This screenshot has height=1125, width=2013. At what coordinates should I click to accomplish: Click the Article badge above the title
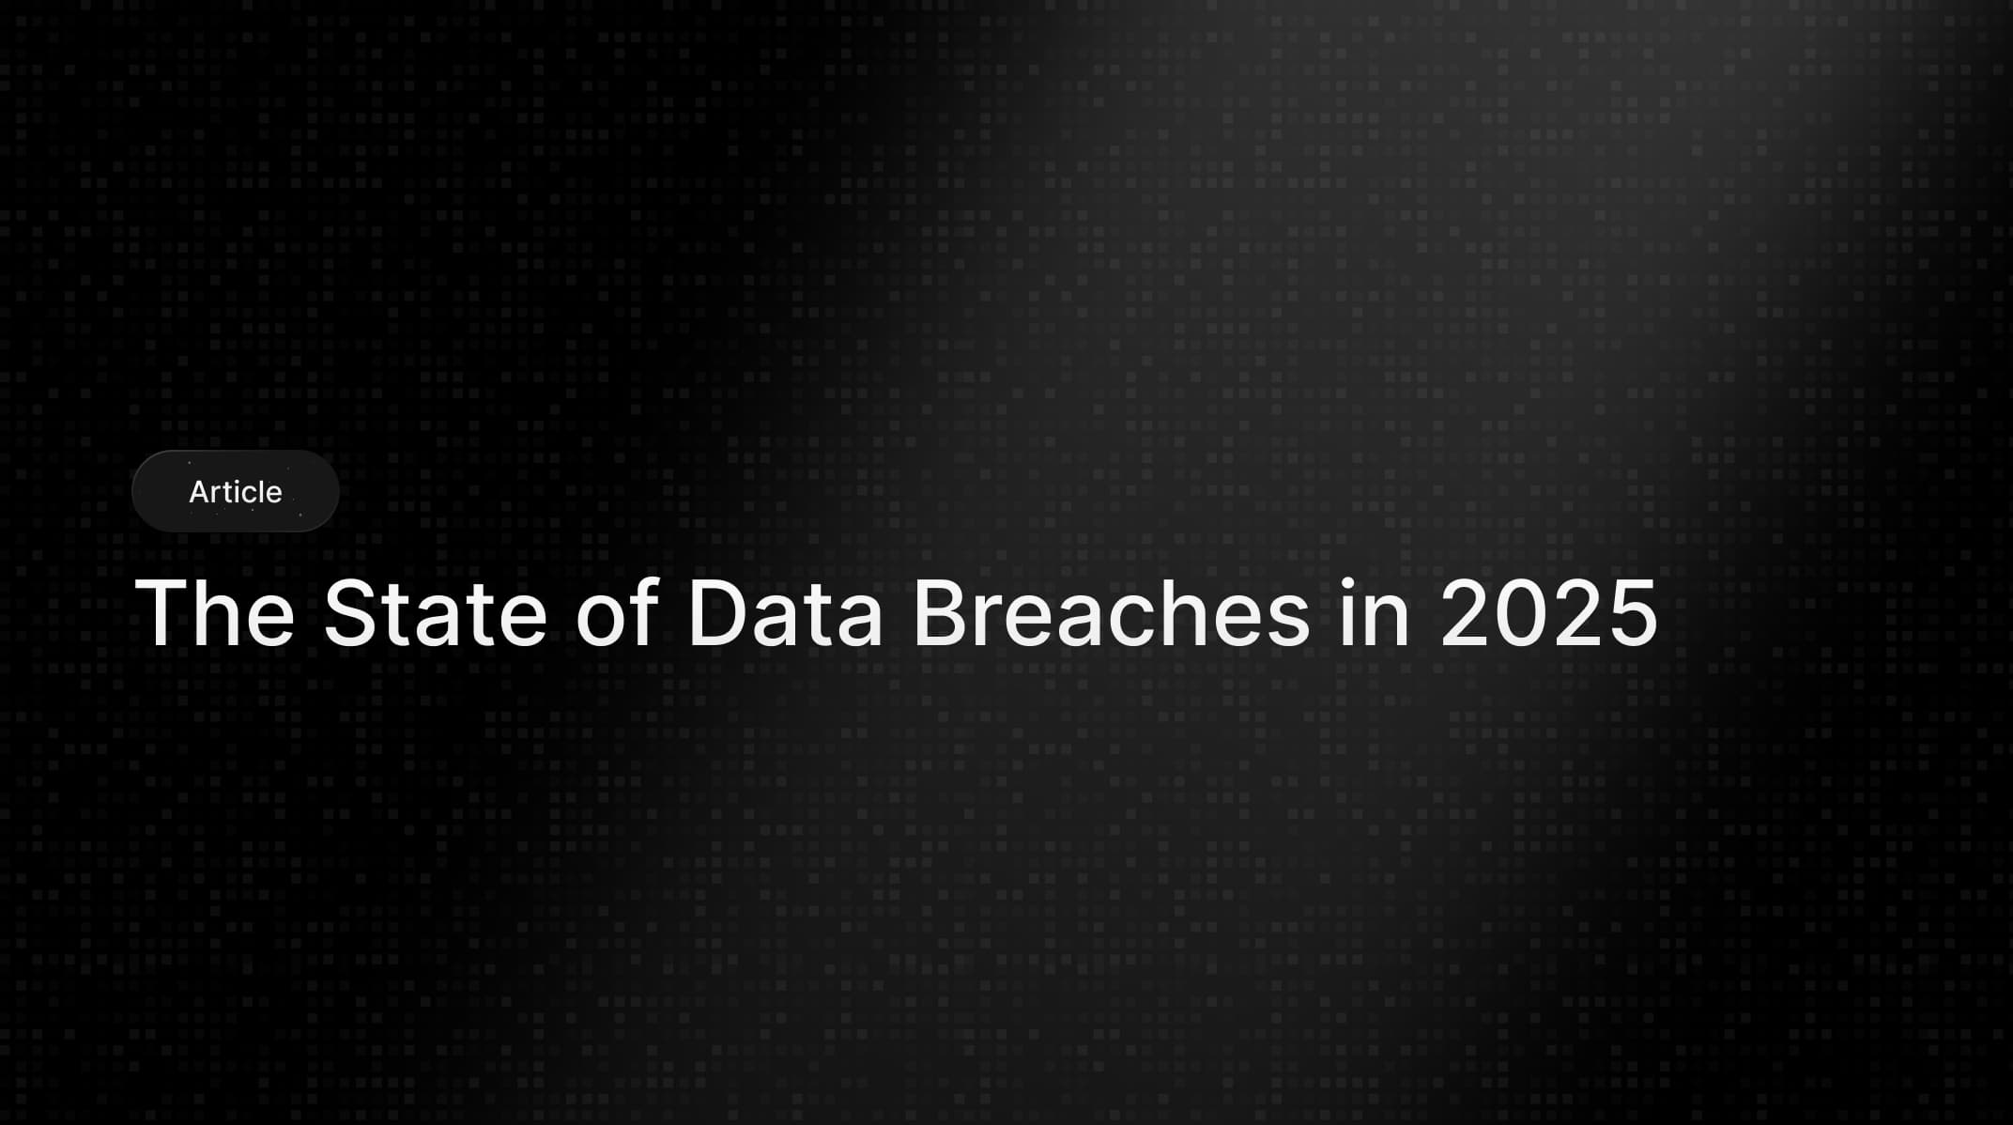pos(235,491)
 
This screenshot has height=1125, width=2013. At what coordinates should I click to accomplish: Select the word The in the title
pos(215,613)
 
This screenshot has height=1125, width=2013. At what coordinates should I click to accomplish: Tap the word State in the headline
pos(435,613)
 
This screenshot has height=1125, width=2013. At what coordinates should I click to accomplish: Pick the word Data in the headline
pos(785,613)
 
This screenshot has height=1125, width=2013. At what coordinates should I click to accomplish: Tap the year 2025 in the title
pos(1549,613)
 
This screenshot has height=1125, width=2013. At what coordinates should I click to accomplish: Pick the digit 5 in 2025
pos(1632,613)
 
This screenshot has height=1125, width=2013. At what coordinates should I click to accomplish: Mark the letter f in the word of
pos(643,610)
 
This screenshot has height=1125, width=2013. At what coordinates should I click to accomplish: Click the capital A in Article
pos(200,491)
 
